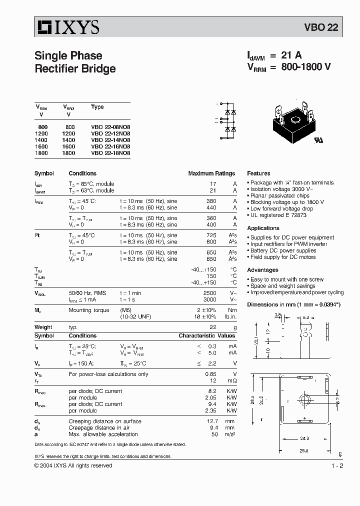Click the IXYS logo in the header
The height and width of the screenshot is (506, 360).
click(x=66, y=27)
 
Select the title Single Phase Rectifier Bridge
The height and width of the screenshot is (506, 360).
click(x=75, y=62)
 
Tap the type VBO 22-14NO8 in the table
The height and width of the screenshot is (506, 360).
click(x=110, y=140)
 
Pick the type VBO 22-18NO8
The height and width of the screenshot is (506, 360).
click(x=110, y=153)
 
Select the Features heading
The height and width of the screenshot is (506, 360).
click(x=258, y=173)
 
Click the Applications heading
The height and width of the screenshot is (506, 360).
click(x=263, y=228)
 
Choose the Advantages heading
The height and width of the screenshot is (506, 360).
click(x=262, y=270)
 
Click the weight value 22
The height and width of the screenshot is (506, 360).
click(x=213, y=327)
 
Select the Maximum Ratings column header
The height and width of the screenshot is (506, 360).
click(x=211, y=173)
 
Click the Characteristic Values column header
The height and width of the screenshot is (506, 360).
click(x=206, y=336)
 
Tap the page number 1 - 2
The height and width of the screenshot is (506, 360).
click(x=337, y=466)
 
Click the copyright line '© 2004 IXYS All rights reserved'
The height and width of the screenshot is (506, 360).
click(x=73, y=466)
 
